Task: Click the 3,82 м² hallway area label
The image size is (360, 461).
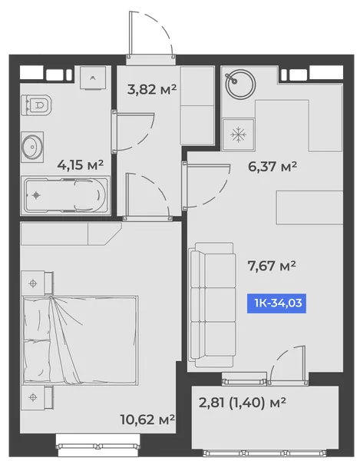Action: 152,89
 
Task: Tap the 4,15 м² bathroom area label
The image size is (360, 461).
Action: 80,164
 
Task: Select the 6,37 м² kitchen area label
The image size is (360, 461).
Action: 272,167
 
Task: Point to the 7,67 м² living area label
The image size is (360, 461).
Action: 272,266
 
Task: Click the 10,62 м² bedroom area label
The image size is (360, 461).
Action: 147,419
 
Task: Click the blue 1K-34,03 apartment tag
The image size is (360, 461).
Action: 276,303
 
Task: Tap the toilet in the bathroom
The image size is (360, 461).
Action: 36,105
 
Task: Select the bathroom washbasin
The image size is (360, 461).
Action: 32,147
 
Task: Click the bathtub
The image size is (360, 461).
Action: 65,195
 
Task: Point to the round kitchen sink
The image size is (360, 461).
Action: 240,85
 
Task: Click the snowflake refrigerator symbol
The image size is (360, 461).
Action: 238,135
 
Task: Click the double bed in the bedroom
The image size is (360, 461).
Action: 80,340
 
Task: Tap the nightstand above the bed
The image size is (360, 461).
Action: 38,283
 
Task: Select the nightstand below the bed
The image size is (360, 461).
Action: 38,397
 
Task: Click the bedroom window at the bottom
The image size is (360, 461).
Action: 98,446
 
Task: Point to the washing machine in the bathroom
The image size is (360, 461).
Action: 93,78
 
